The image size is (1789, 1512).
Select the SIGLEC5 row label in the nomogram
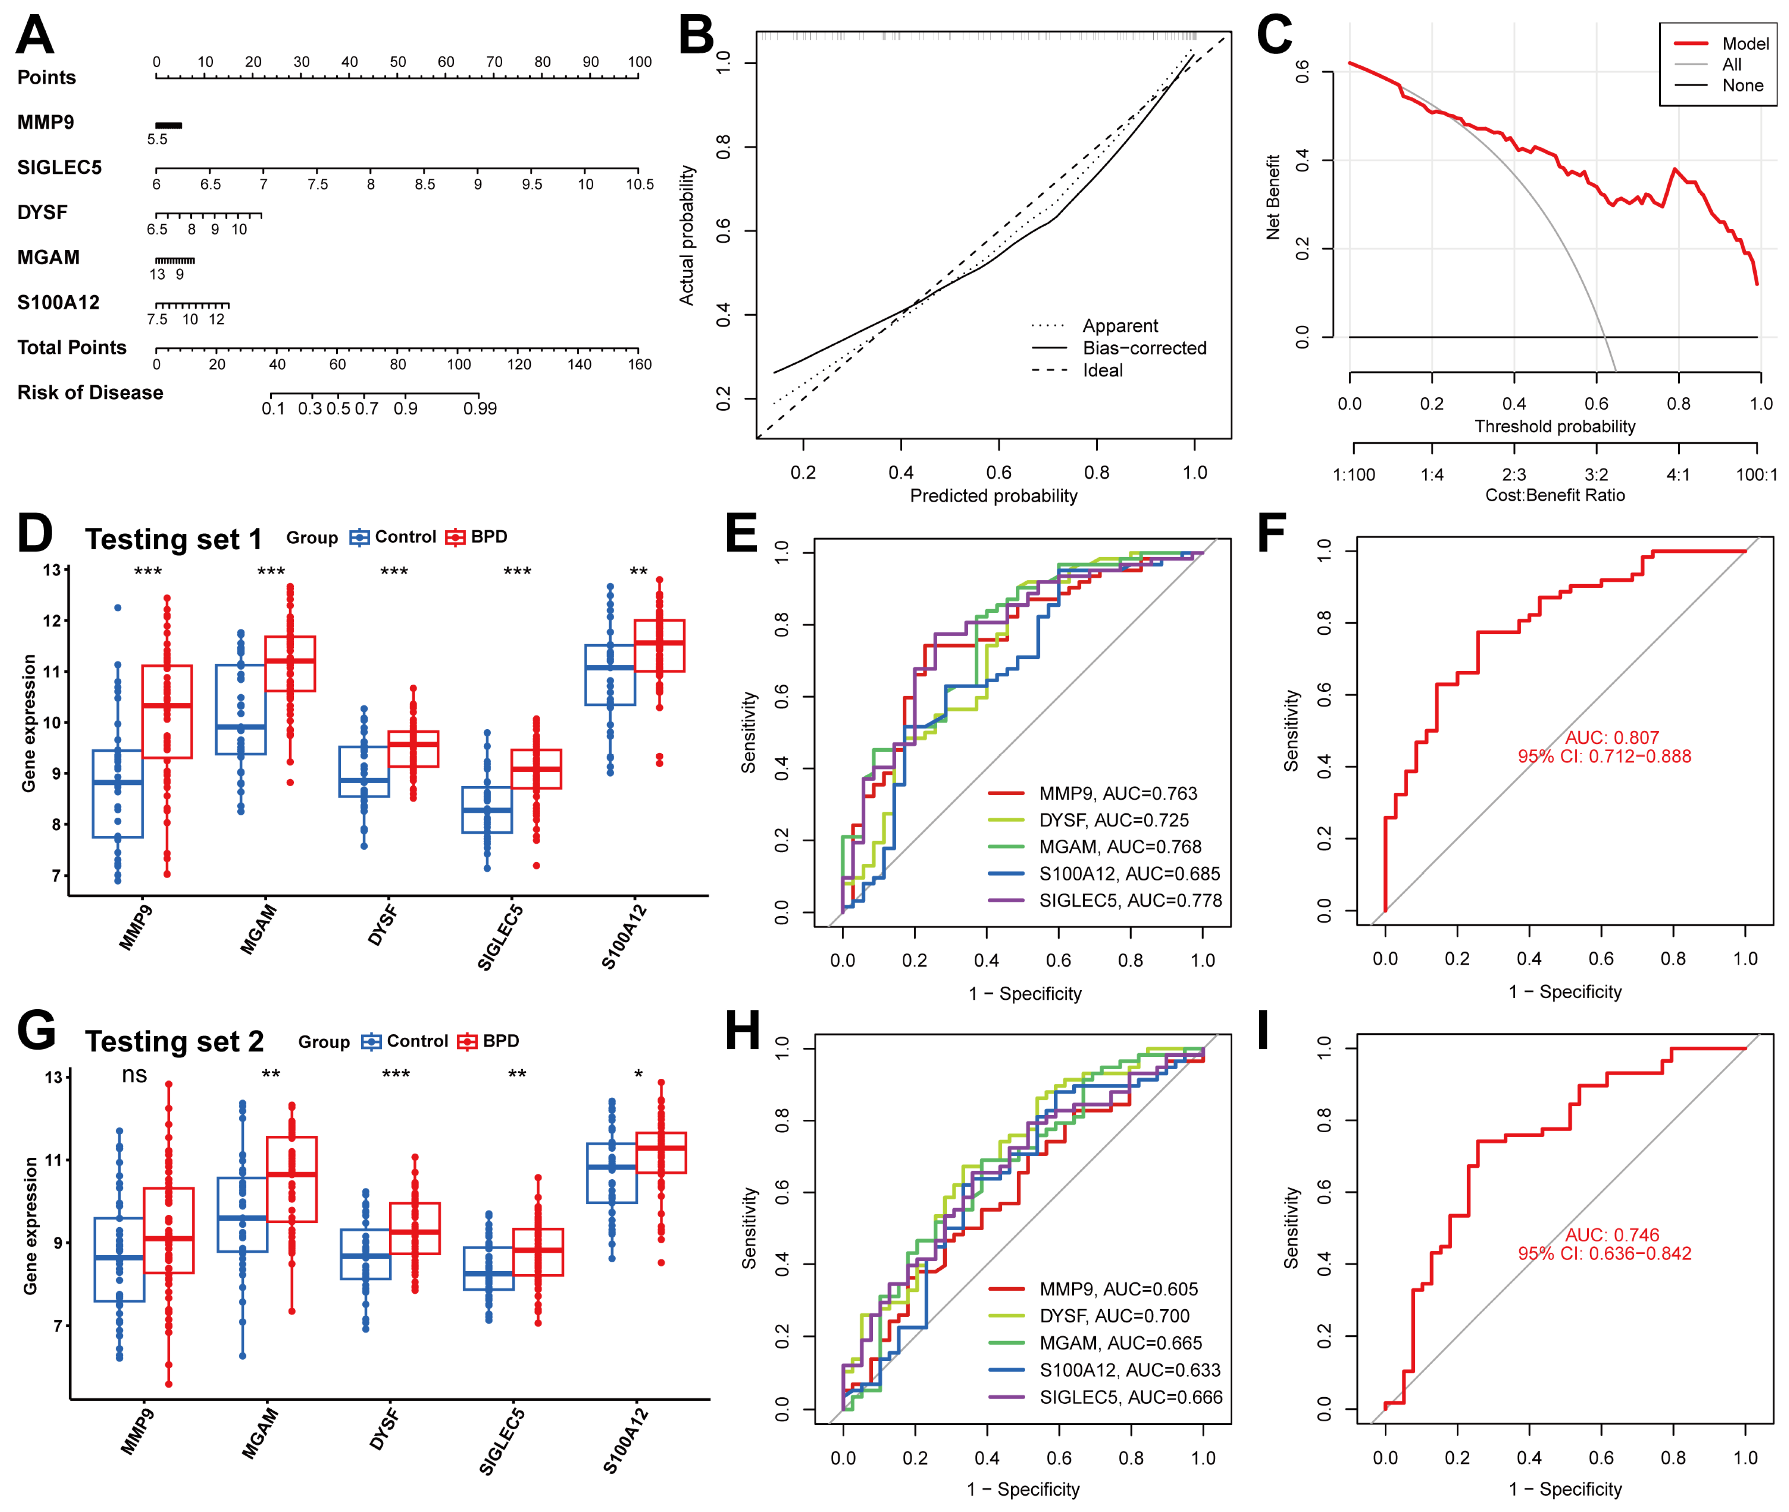[x=59, y=168]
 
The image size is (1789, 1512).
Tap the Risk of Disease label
[x=90, y=393]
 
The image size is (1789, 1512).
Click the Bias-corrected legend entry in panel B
[x=1143, y=348]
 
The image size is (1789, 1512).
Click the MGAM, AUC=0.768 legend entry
[x=1119, y=847]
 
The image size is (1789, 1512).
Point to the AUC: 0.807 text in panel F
[x=1612, y=737]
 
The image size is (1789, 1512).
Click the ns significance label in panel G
[x=135, y=1075]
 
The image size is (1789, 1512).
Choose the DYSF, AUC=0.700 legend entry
[x=1114, y=1316]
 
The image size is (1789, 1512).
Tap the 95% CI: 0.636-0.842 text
[x=1604, y=1253]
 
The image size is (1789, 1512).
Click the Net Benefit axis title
[x=1273, y=197]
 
